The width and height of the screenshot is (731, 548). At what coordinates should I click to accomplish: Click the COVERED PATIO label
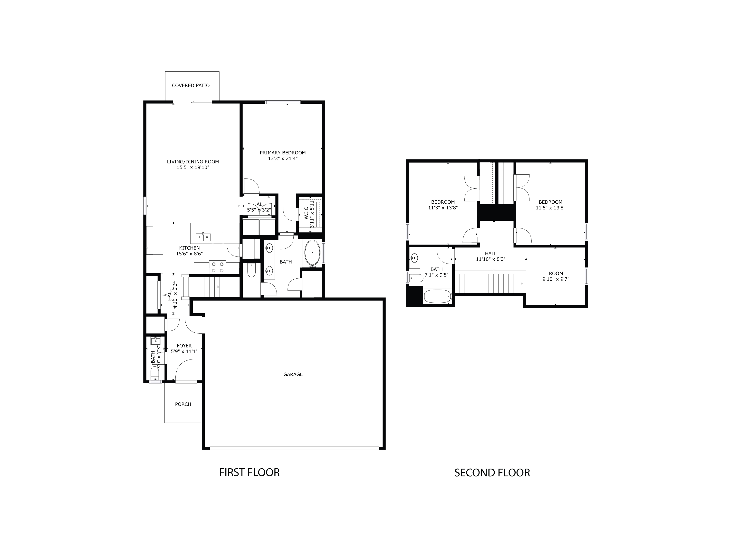pyautogui.click(x=191, y=85)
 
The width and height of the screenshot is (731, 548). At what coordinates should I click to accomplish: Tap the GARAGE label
pyautogui.click(x=293, y=374)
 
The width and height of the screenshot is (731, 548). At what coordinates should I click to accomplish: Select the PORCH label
pyautogui.click(x=183, y=404)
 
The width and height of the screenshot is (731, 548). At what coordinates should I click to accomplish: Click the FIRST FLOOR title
pyautogui.click(x=249, y=472)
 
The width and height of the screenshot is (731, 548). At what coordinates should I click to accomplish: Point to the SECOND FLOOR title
pyautogui.click(x=492, y=473)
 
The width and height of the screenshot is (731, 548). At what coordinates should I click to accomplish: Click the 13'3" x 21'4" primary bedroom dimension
pyautogui.click(x=283, y=159)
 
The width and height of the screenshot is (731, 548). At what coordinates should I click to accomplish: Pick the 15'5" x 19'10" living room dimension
pyautogui.click(x=193, y=168)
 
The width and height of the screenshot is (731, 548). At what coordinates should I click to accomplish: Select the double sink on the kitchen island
pyautogui.click(x=203, y=237)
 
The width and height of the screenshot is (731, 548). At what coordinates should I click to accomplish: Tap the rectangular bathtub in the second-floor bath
pyautogui.click(x=437, y=296)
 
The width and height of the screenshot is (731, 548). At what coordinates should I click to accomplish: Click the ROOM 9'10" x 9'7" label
pyautogui.click(x=556, y=276)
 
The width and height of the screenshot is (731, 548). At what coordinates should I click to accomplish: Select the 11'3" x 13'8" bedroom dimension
pyautogui.click(x=442, y=208)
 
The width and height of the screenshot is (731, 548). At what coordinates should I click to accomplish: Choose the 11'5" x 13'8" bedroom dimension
pyautogui.click(x=550, y=208)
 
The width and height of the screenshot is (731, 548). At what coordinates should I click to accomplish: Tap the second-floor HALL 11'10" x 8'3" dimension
pyautogui.click(x=491, y=259)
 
